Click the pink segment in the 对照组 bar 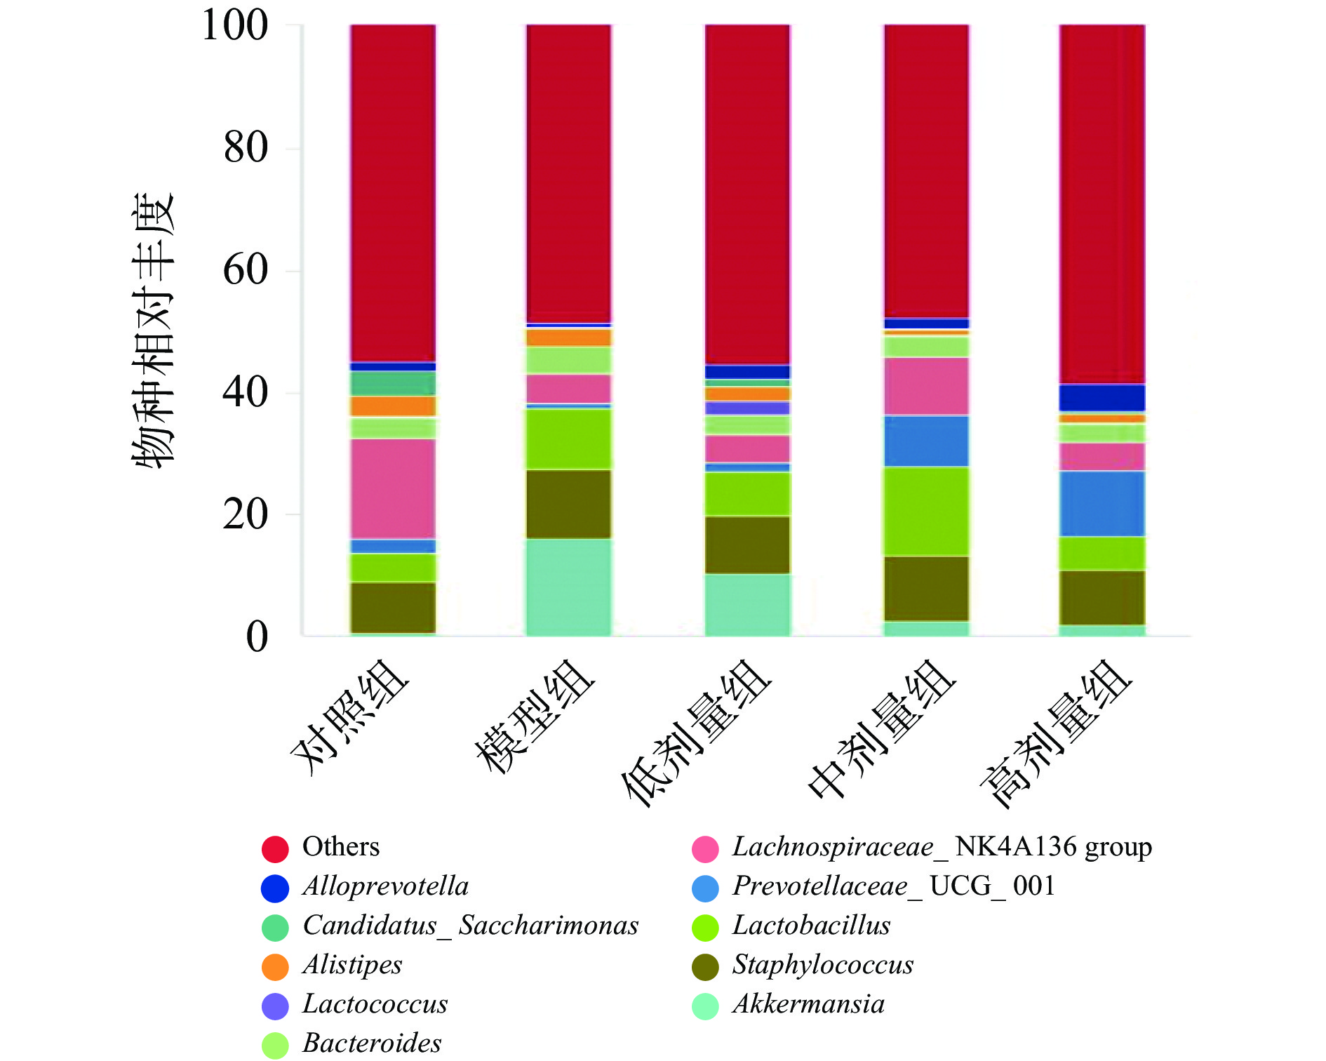393,488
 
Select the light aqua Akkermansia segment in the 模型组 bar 568,587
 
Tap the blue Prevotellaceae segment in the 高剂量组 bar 1102,503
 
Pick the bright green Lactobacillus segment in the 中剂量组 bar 926,511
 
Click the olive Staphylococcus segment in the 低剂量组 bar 747,545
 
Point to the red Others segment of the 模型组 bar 568,173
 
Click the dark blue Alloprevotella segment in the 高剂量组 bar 1102,397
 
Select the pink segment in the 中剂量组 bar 926,386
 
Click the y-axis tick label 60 245,270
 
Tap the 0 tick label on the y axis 257,637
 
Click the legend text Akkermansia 808,1004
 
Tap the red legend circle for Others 275,848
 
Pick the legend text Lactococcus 375,1004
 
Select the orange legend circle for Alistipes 275,966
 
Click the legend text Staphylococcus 822,965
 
